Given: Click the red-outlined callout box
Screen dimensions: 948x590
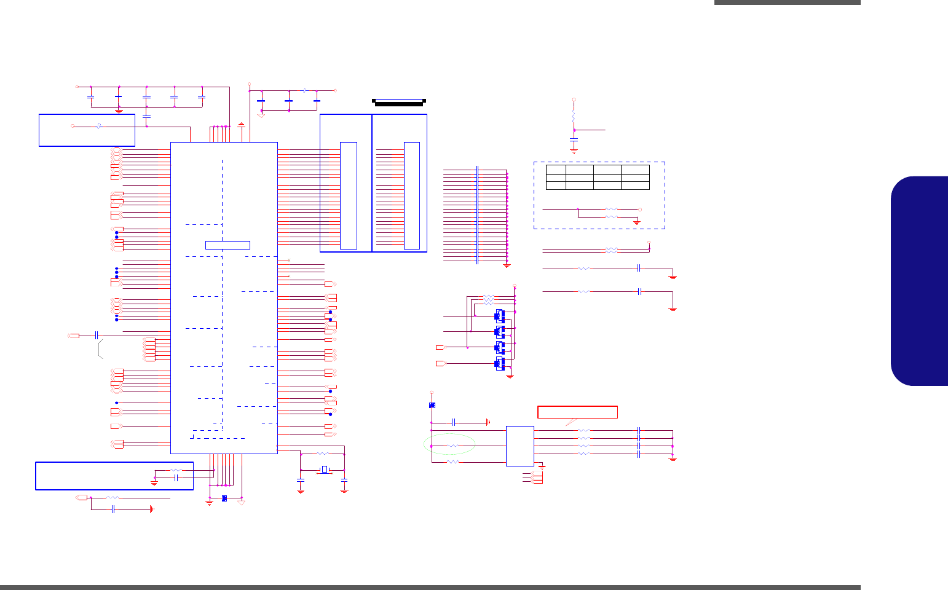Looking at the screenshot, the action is (577, 412).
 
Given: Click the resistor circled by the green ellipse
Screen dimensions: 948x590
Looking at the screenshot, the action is (452, 445).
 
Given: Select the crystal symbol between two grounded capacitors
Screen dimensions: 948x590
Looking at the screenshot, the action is (323, 470).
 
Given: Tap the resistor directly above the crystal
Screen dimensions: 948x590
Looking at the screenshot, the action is (323, 454).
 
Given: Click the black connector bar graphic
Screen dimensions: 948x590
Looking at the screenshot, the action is (399, 102).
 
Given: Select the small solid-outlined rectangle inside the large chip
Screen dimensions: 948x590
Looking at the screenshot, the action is (227, 245).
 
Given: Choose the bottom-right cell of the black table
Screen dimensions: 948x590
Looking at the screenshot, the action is (635, 186).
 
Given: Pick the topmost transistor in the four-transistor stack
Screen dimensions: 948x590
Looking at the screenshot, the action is (500, 317).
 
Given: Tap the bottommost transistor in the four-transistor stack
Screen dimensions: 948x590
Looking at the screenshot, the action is (500, 363).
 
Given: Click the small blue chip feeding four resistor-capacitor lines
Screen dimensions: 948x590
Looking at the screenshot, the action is (519, 446).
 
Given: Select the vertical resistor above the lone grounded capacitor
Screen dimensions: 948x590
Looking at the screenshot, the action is (574, 115).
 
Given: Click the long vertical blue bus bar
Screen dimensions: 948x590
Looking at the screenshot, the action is (477, 214).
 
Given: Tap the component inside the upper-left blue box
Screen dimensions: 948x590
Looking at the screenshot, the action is (99, 126).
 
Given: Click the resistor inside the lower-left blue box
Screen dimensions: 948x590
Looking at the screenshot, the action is (175, 470).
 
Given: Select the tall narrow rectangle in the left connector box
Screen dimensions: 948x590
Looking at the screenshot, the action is (348, 195).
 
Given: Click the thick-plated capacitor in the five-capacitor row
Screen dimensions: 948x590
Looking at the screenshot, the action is (119, 96).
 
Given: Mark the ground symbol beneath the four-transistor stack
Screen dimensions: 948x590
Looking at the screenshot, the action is (510, 376).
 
